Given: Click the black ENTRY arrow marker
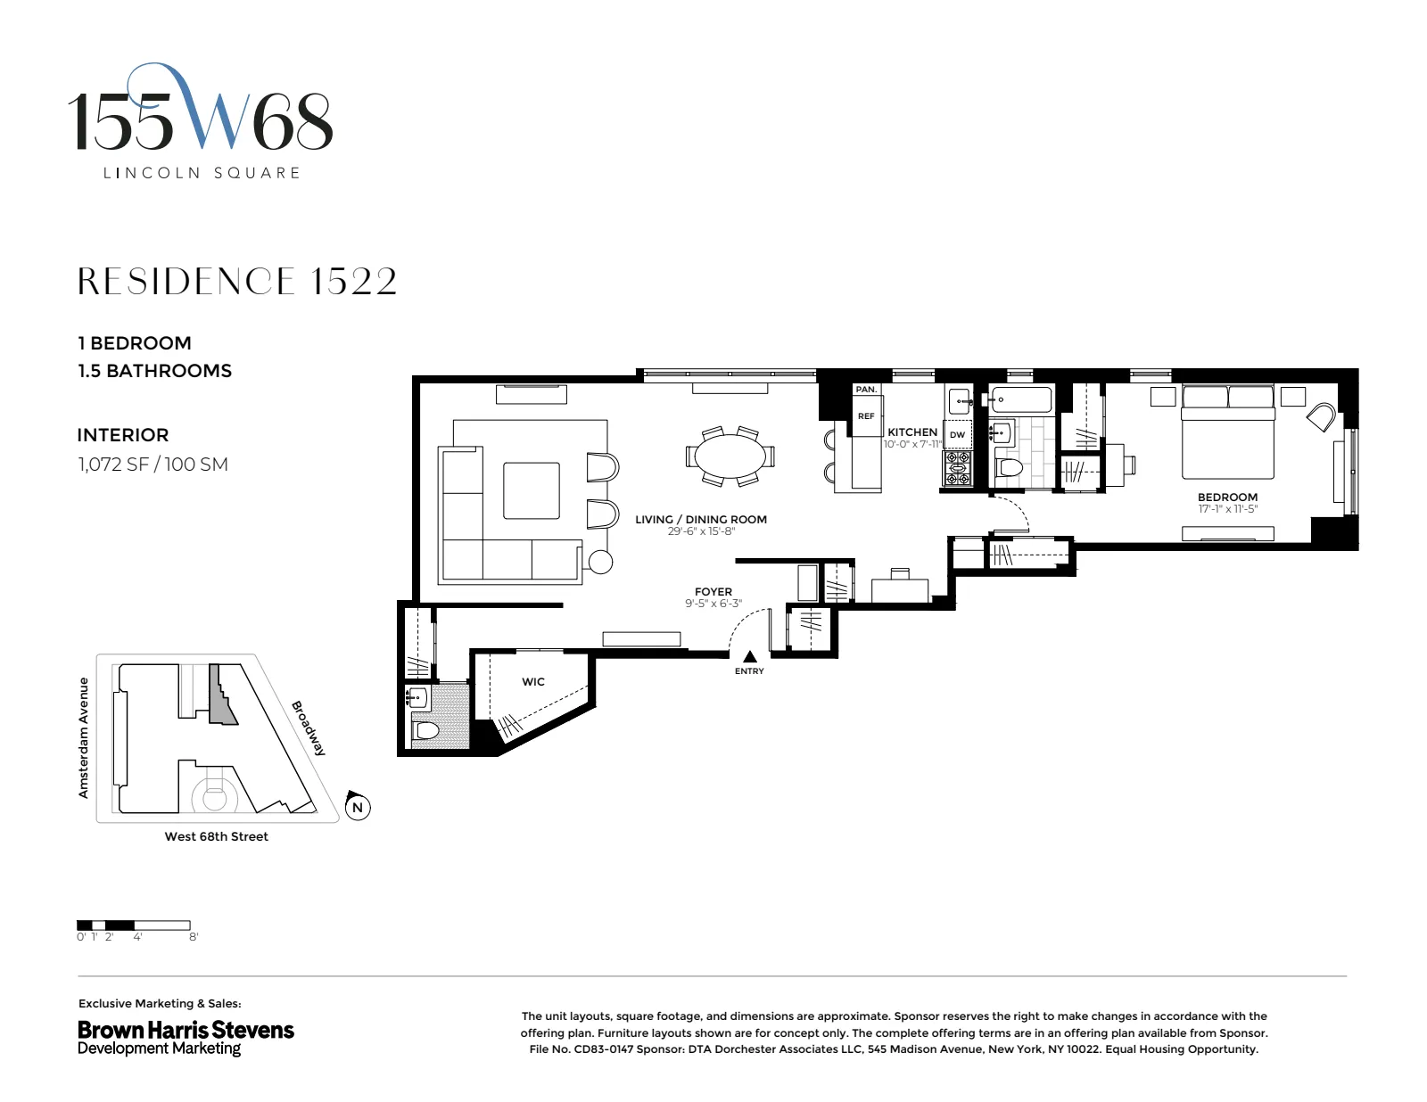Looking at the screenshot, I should [750, 657].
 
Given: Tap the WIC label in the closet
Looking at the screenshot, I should [533, 682].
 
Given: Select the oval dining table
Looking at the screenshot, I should [730, 456].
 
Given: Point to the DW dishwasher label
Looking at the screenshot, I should [957, 435].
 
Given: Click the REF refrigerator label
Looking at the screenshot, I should [866, 416].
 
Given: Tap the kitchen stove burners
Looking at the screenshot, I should [957, 468].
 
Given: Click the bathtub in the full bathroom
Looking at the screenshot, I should [1020, 400].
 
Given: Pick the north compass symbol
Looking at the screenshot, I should [358, 808].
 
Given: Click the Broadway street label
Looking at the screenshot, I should [309, 728].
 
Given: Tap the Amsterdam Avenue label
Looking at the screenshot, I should [84, 737].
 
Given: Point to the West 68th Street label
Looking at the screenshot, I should [216, 836].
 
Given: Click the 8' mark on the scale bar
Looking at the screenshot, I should [194, 937].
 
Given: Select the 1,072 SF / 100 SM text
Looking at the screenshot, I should [153, 465].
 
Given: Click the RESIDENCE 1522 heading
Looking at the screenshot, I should [237, 282].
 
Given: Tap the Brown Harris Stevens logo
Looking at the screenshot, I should [186, 1037].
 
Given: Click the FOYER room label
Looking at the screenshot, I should [713, 591].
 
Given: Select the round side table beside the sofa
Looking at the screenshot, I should [600, 562].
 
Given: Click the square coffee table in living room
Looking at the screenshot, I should [531, 490].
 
